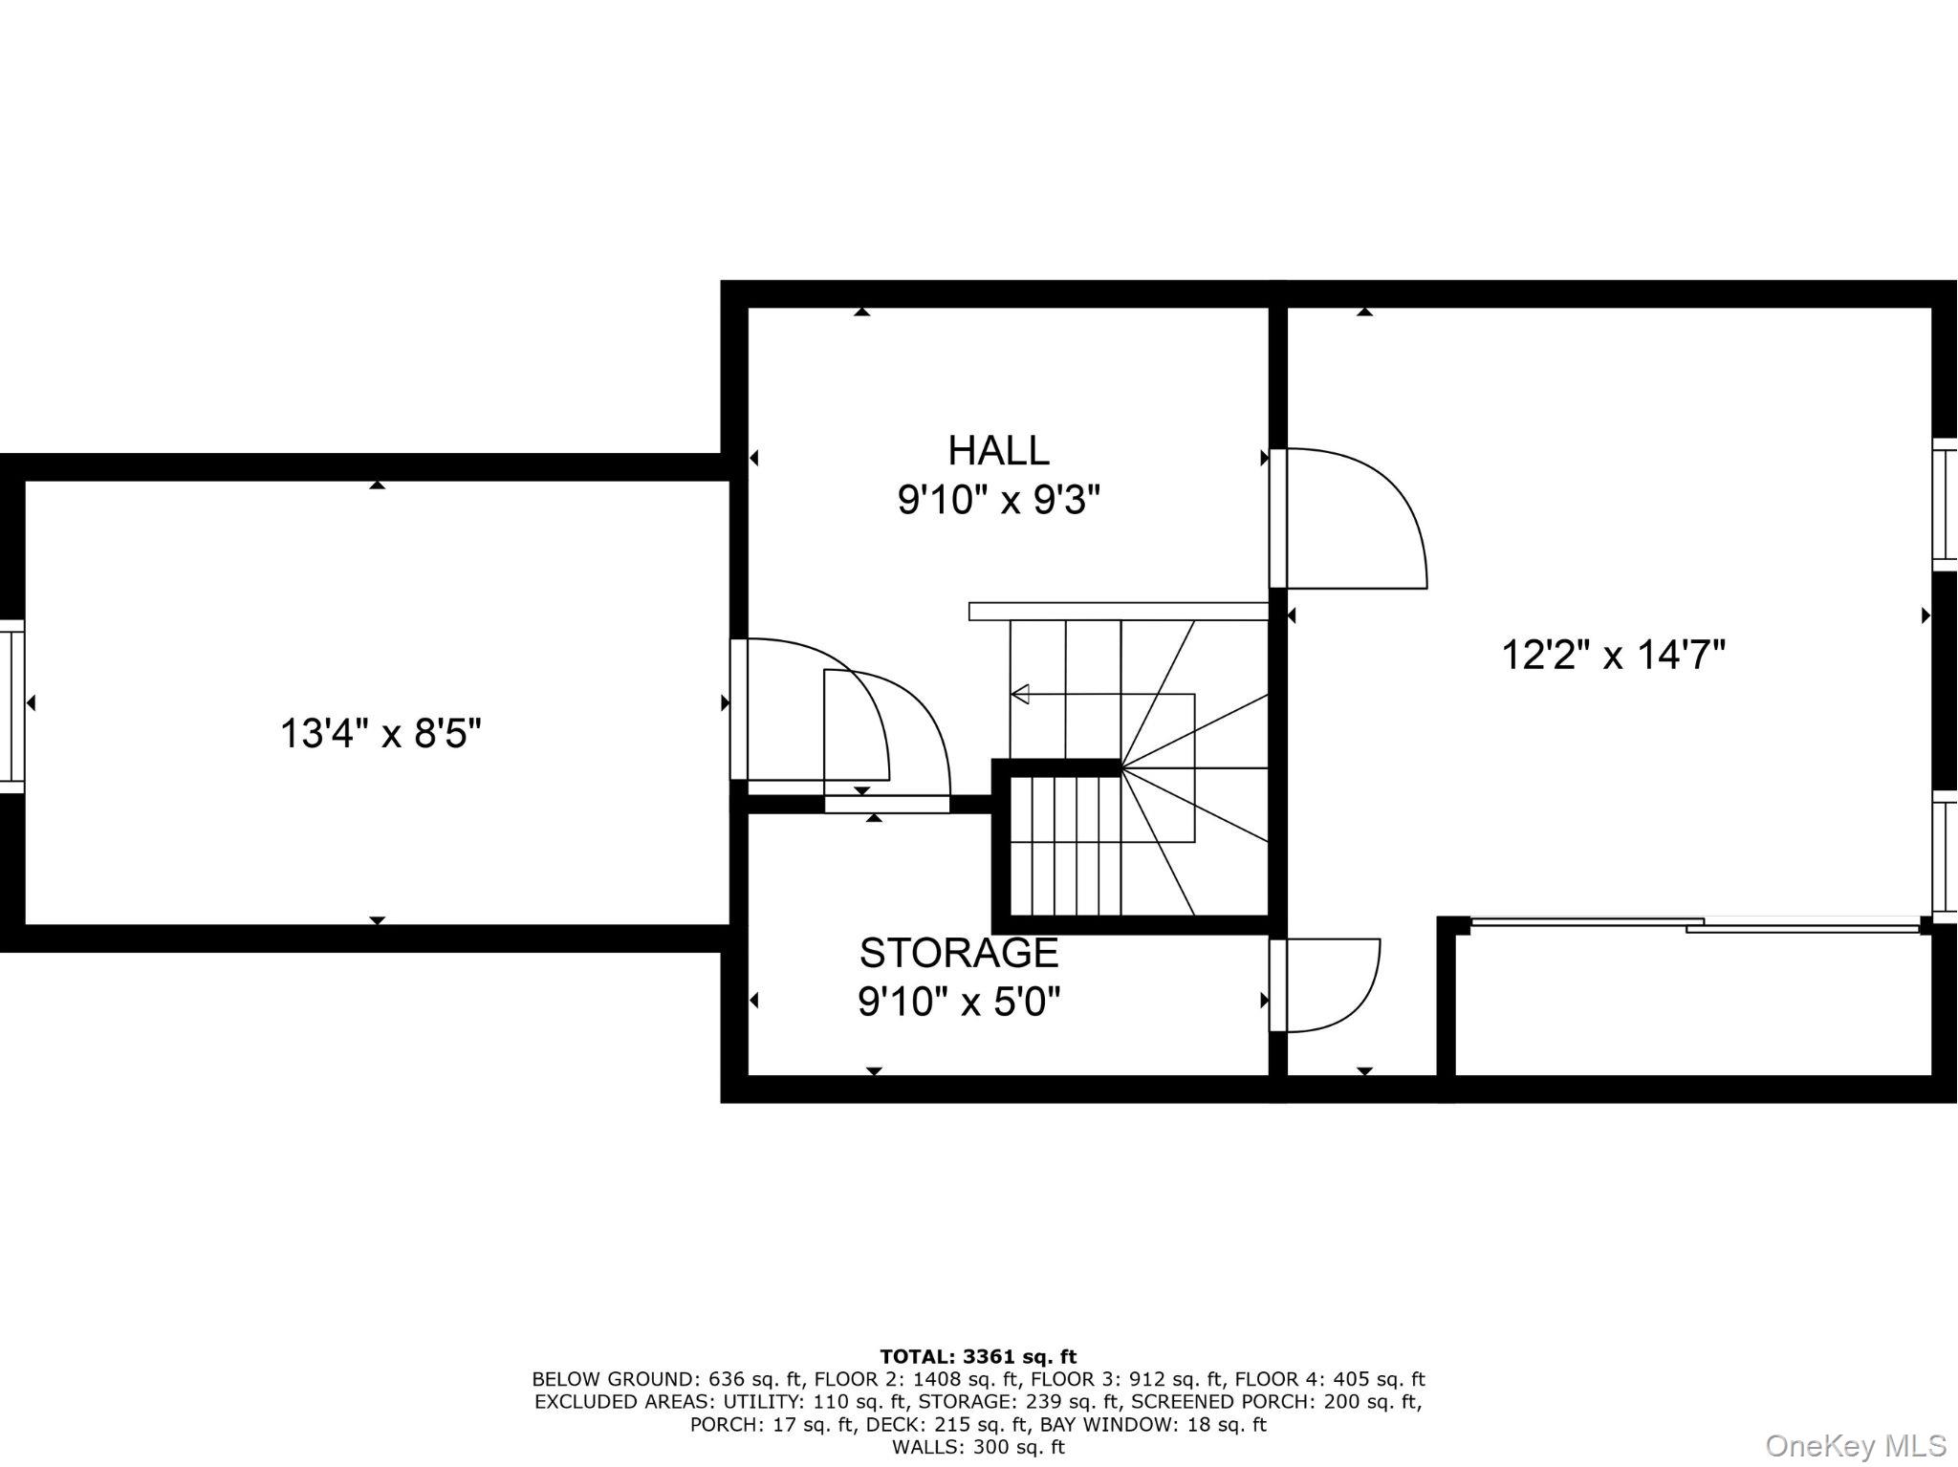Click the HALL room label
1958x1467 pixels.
point(998,449)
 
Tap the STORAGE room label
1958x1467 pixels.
point(959,953)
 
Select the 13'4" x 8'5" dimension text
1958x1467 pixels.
point(381,734)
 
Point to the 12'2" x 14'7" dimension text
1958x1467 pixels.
point(1613,656)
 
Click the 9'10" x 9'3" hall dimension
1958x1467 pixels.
point(998,500)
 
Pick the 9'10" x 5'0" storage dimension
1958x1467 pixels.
point(959,1003)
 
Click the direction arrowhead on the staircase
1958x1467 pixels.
point(1020,694)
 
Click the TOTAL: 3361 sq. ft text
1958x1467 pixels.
point(977,1356)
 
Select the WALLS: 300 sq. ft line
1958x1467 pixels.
point(977,1447)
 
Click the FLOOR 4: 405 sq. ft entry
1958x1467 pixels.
point(1329,1379)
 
